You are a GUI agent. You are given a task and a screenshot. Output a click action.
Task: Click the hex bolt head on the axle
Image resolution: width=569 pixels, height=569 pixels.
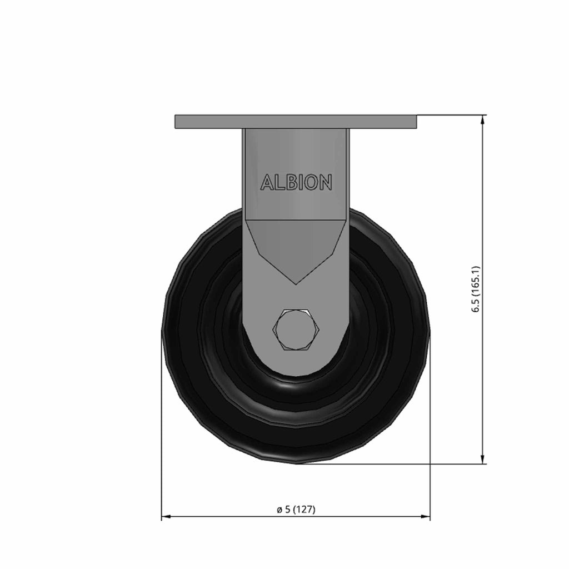tap(296, 330)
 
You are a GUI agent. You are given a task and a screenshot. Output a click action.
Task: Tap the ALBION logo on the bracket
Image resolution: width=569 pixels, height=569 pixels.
tap(296, 182)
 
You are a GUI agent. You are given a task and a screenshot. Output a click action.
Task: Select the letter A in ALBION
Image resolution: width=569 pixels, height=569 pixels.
tap(267, 182)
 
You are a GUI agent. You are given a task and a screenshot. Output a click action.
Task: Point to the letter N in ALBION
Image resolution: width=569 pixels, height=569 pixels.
tap(326, 182)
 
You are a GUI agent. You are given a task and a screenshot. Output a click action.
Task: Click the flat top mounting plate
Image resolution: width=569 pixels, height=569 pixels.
tap(296, 122)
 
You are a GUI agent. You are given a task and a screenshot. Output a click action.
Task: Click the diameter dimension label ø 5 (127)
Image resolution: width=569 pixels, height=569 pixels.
tap(296, 510)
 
